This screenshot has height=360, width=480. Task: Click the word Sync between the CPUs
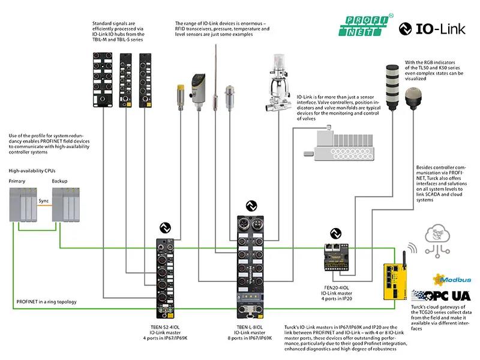point(44,201)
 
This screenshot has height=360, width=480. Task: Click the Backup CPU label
point(60,181)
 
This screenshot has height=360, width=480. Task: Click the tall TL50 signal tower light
point(387,89)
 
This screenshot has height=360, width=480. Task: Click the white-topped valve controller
point(277,84)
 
